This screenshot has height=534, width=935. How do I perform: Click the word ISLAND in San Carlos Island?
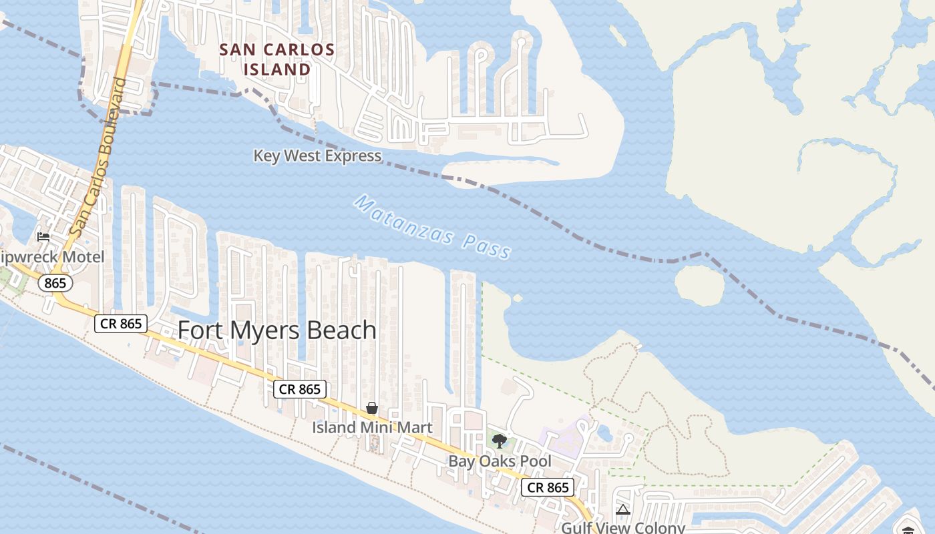277,69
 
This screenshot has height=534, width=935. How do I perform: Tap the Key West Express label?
317,156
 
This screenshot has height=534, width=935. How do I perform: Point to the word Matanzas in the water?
405,221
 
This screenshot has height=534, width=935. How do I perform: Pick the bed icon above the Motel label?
43,236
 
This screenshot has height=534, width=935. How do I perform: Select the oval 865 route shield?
55,284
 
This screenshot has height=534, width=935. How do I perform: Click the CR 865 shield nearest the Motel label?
121,324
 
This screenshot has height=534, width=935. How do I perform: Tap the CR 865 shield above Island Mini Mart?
300,389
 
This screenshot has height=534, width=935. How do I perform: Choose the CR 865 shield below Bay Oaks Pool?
548,487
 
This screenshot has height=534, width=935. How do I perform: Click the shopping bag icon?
372,408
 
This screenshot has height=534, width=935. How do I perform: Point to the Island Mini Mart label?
372,427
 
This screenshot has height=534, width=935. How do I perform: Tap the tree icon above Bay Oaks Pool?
499,441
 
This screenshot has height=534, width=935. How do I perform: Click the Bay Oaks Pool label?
500,461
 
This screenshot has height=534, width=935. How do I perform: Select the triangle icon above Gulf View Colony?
622,510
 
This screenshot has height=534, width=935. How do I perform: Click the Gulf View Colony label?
623,527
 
